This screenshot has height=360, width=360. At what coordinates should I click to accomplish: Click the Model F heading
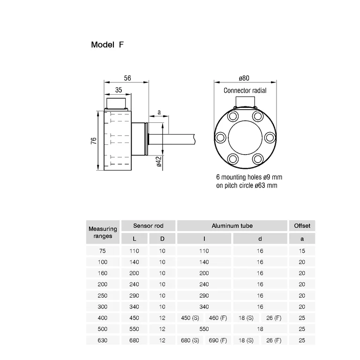107,45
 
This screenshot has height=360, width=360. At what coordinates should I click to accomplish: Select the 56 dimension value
127,78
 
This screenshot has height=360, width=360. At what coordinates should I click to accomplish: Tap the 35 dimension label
119,90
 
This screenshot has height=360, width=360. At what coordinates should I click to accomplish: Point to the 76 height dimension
94,141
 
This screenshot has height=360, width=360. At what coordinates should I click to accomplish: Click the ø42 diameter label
159,161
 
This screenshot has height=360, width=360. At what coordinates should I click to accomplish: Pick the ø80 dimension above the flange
244,78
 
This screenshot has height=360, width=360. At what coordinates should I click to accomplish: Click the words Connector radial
245,90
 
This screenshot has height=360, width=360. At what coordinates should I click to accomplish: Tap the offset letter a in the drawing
159,112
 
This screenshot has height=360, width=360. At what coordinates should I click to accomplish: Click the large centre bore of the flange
245,137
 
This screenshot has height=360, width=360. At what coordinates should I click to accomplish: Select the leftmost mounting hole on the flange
220,137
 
